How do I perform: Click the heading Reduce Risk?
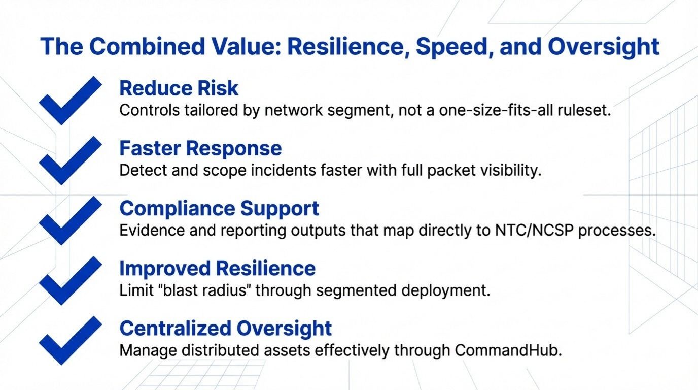(179, 88)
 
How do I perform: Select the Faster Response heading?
(200, 148)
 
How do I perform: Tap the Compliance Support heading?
(219, 208)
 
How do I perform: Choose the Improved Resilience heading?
(217, 268)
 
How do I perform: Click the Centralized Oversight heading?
(225, 328)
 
